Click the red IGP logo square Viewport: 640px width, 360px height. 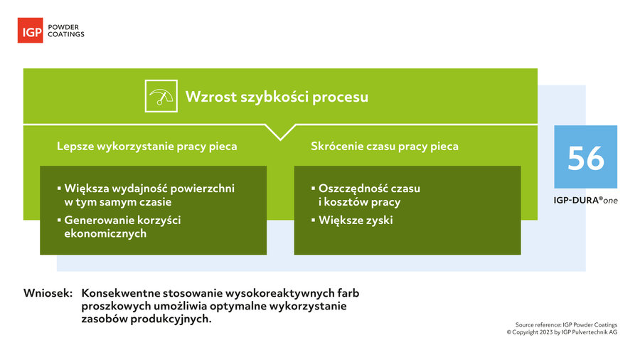[x=30, y=30]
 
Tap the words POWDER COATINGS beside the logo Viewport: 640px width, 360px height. [x=66, y=31]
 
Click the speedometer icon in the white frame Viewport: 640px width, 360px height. [x=161, y=96]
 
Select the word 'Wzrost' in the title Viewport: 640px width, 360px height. [x=211, y=97]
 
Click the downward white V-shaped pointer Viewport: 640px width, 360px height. [x=280, y=132]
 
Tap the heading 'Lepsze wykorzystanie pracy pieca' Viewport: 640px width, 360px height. [x=147, y=146]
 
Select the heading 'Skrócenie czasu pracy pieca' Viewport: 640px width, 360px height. [x=385, y=146]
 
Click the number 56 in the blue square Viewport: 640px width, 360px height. [x=586, y=159]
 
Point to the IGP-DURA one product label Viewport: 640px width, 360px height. [x=585, y=201]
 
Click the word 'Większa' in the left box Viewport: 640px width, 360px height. [x=86, y=189]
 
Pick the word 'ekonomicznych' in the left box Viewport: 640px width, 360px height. [x=105, y=233]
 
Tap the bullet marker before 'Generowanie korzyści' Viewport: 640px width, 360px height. [x=59, y=220]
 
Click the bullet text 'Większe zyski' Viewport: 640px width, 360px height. [x=356, y=221]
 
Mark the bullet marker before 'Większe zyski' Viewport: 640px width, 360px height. [x=314, y=220]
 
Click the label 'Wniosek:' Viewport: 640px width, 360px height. [x=48, y=293]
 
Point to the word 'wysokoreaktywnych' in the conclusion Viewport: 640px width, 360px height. [x=280, y=293]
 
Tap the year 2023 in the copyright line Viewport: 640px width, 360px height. [x=546, y=332]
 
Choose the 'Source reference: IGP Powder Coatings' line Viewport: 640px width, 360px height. [x=566, y=325]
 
